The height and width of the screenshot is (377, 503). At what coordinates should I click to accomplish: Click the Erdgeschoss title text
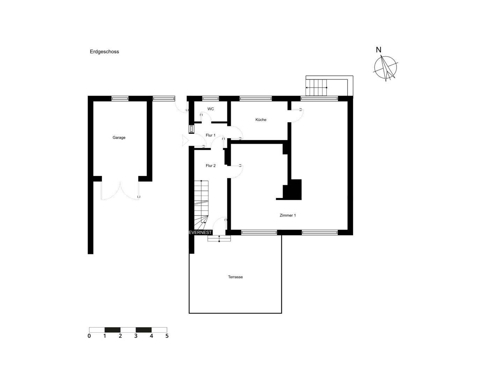pyautogui.click(x=104, y=52)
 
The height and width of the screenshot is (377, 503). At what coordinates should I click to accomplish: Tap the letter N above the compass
pyautogui.click(x=379, y=50)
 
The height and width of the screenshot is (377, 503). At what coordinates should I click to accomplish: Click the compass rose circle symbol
pyautogui.click(x=385, y=68)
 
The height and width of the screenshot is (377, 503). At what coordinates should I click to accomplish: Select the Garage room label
pyautogui.click(x=119, y=138)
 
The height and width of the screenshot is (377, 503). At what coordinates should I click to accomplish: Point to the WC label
pyautogui.click(x=211, y=109)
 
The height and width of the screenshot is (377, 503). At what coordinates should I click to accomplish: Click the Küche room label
pyautogui.click(x=261, y=119)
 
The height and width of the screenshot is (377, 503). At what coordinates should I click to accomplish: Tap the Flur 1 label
pyautogui.click(x=211, y=135)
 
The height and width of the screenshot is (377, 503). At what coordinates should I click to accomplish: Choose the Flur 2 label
pyautogui.click(x=211, y=166)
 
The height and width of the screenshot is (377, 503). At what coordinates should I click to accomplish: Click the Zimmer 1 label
pyautogui.click(x=287, y=215)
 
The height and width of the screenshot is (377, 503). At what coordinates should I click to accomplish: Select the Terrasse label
pyautogui.click(x=235, y=277)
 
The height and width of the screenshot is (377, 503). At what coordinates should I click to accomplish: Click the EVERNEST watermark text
pyautogui.click(x=200, y=232)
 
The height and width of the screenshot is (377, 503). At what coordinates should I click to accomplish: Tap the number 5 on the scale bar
pyautogui.click(x=167, y=336)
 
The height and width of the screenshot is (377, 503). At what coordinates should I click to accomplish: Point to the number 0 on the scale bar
pyautogui.click(x=89, y=336)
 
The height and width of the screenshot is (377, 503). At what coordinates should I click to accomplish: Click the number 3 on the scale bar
pyautogui.click(x=136, y=336)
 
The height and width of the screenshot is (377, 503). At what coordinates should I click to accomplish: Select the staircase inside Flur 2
pyautogui.click(x=202, y=202)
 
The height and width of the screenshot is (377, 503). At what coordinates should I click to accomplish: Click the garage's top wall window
pyautogui.click(x=120, y=98)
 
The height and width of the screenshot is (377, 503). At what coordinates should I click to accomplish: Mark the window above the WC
pyautogui.click(x=210, y=98)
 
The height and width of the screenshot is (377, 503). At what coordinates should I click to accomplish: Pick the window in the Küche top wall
pyautogui.click(x=255, y=98)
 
